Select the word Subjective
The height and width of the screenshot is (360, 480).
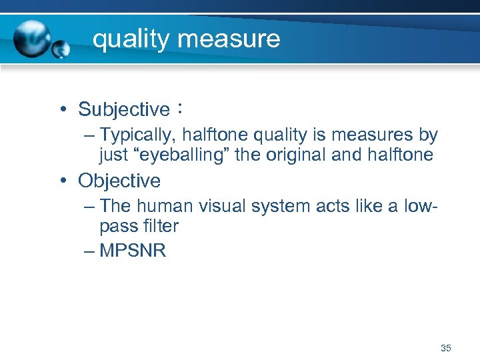coord(124,109)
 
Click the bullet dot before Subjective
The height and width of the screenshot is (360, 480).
coord(61,109)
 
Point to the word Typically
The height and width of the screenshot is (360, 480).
coord(135,136)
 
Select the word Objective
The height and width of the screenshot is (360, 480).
coord(119,181)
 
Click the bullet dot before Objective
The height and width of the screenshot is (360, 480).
coord(61,181)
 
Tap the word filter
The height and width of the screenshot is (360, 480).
coord(161,227)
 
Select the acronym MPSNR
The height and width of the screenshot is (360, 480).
coord(133,252)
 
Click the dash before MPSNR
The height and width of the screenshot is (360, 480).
coord(90,252)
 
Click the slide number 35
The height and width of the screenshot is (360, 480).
coord(446,348)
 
